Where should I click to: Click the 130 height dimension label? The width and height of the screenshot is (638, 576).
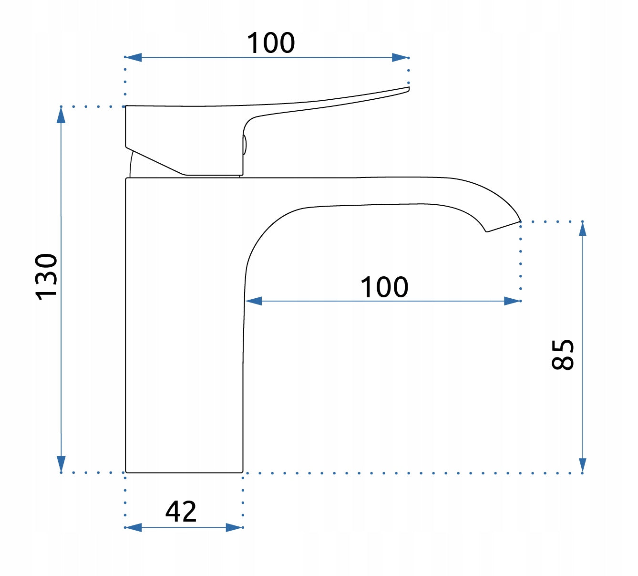pyautogui.click(x=46, y=277)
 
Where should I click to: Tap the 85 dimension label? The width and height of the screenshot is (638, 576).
pyautogui.click(x=563, y=355)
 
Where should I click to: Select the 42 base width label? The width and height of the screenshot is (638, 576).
pyautogui.click(x=181, y=512)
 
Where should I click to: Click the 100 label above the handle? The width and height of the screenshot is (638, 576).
pyautogui.click(x=271, y=42)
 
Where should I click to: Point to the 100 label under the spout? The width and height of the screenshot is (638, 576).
pyautogui.click(x=384, y=287)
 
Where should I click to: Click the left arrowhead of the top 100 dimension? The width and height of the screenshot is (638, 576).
pyautogui.click(x=133, y=57)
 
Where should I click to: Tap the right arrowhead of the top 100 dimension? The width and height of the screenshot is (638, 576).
pyautogui.click(x=400, y=58)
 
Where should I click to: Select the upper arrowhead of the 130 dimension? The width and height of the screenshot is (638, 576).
pyautogui.click(x=61, y=115)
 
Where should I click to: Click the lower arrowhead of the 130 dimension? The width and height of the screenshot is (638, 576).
pyautogui.click(x=61, y=464)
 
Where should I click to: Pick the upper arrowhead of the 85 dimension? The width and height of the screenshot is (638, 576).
pyautogui.click(x=583, y=229)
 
